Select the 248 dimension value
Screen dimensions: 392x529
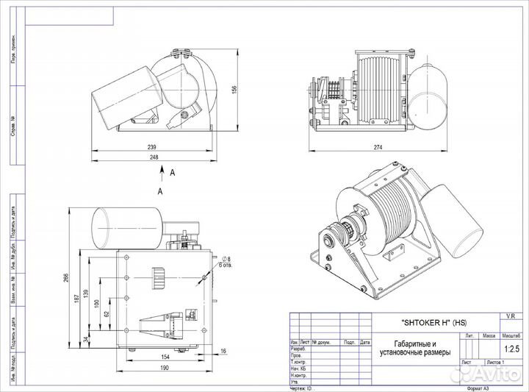(x=154, y=156)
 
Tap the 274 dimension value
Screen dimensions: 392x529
(x=378, y=148)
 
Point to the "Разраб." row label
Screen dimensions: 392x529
(x=299, y=348)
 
